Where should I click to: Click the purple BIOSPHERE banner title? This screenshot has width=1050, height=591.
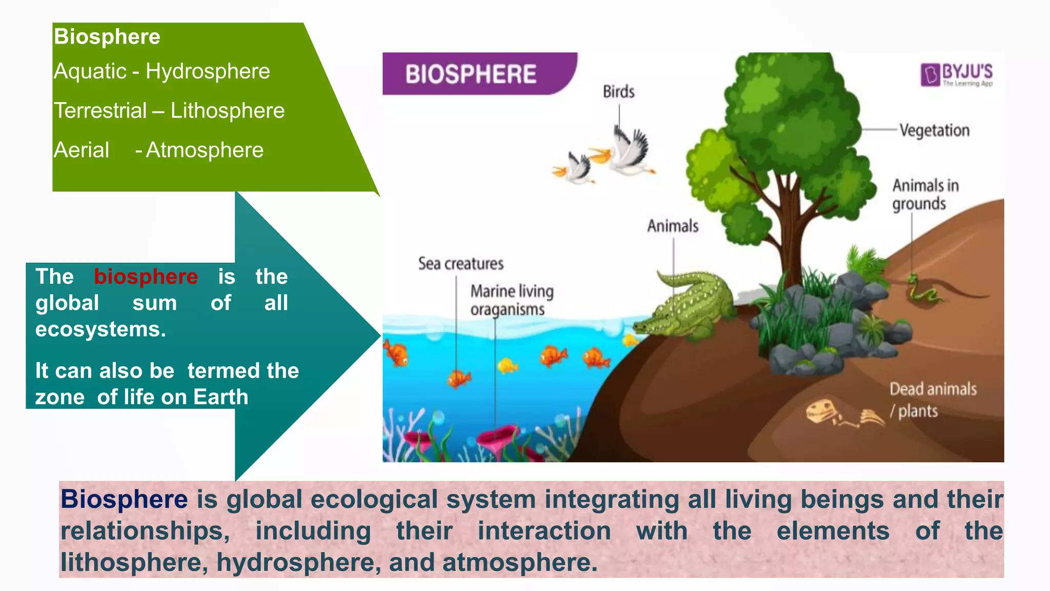click(x=471, y=74)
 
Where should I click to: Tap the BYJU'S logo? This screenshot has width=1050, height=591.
click(x=957, y=75)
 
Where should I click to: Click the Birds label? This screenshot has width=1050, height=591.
click(x=618, y=92)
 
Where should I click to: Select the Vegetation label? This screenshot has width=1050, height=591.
click(x=934, y=130)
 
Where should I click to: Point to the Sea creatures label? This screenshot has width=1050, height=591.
click(x=460, y=264)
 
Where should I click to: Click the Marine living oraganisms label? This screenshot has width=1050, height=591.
click(x=512, y=300)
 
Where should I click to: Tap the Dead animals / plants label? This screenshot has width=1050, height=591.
click(x=932, y=400)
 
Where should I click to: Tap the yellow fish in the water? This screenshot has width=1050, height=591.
click(x=508, y=366)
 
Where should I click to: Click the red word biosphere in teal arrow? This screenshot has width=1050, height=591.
click(x=146, y=277)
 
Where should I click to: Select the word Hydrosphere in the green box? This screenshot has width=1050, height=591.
click(x=208, y=71)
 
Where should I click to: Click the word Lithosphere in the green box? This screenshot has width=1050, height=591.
click(x=227, y=111)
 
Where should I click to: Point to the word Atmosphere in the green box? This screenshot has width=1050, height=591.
click(x=205, y=150)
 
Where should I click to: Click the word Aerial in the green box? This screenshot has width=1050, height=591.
click(x=82, y=150)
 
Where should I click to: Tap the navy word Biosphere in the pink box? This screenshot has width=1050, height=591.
click(x=124, y=499)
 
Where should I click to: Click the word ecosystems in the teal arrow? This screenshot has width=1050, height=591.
click(x=100, y=329)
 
